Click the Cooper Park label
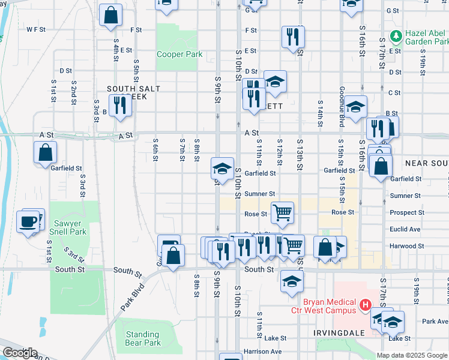tap(179, 55)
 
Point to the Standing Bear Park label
tap(143, 338)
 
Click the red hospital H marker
tap(364, 307)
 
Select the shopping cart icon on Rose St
tap(282, 212)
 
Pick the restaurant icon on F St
tap(293, 36)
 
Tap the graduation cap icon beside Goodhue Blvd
tap(356, 108)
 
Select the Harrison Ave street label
tap(262, 352)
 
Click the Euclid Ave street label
tap(405, 229)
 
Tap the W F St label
tap(36, 29)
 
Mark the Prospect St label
tap(407, 212)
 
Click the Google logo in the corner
tap(20, 353)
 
